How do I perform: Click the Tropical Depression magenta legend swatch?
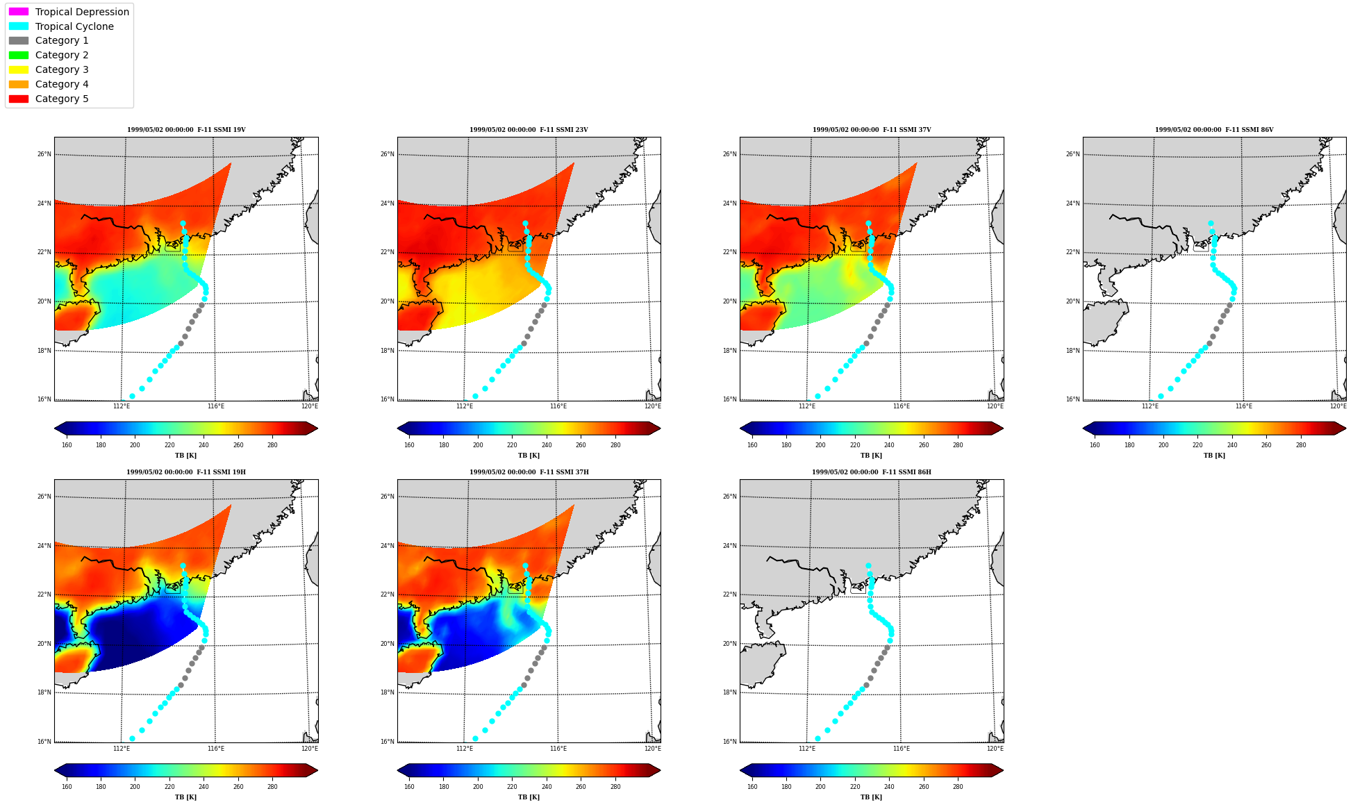(x=19, y=12)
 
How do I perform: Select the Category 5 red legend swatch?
(x=19, y=99)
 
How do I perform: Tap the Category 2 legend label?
(x=62, y=55)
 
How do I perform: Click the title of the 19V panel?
(x=186, y=130)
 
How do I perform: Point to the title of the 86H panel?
(x=872, y=472)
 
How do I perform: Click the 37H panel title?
(x=529, y=472)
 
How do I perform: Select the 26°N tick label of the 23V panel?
(x=387, y=154)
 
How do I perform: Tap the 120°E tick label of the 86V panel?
(x=1338, y=406)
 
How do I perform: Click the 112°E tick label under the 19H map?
(x=122, y=749)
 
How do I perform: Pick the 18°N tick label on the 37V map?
(x=729, y=351)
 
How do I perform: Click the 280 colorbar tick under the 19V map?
(x=272, y=445)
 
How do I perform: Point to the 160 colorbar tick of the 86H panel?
(x=752, y=787)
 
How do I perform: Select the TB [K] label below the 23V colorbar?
(x=529, y=456)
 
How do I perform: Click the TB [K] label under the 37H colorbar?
(x=529, y=797)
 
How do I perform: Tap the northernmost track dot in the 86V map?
(x=1211, y=224)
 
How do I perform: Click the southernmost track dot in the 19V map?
(x=132, y=397)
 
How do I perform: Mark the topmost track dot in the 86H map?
(x=868, y=566)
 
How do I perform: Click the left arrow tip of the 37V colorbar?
(x=740, y=429)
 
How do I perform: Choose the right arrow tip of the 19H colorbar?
(x=317, y=770)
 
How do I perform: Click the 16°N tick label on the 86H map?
(x=729, y=742)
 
